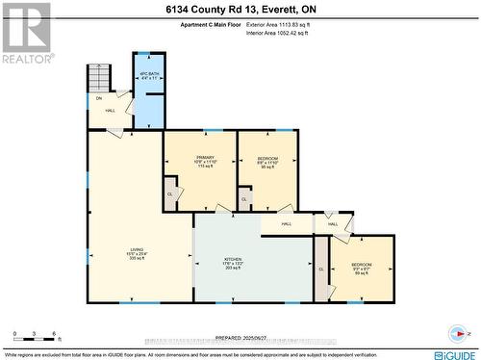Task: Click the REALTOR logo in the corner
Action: [25, 34]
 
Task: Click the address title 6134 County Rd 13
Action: [240, 9]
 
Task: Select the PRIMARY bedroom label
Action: [205, 160]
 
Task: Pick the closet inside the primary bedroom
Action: [170, 191]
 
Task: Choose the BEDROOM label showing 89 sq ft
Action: [361, 267]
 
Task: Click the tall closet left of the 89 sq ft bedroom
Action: [321, 267]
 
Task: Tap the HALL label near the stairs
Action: [111, 110]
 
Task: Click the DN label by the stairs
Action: [98, 97]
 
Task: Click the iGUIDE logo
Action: [451, 353]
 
